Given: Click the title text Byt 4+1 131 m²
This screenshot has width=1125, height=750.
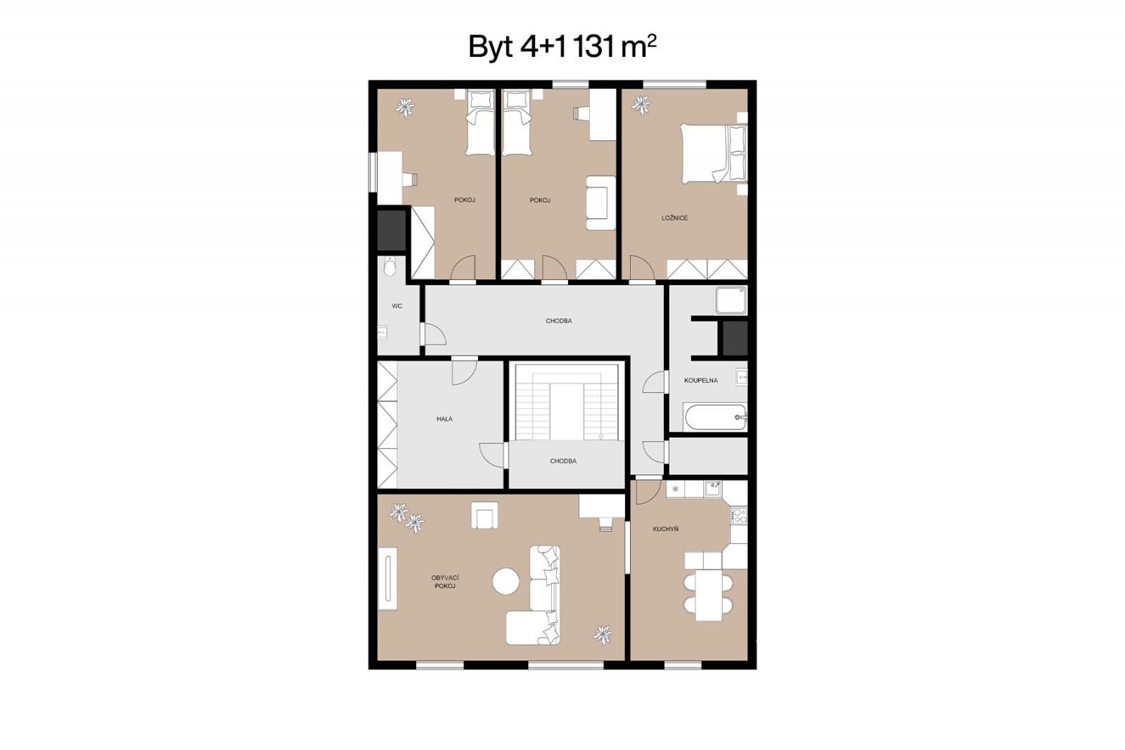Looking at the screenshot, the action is (562, 46).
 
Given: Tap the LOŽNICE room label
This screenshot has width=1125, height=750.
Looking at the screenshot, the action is (674, 217).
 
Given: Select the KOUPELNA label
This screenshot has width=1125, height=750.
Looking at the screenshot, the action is (700, 380).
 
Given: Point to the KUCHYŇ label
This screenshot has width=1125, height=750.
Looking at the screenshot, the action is (665, 529).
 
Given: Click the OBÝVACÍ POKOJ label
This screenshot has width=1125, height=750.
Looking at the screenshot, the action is (445, 582).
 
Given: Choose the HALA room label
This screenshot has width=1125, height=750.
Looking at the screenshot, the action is (444, 419).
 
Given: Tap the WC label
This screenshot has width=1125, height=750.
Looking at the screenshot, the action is (397, 305).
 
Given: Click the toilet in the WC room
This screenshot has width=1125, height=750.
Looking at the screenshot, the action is (390, 267).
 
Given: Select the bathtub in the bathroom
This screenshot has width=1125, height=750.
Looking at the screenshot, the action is (715, 417).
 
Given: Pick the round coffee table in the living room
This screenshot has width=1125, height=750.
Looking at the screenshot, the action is (506, 582).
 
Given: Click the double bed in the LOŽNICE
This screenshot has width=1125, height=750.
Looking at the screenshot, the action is (714, 154).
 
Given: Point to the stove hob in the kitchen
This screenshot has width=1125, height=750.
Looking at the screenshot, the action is (738, 515).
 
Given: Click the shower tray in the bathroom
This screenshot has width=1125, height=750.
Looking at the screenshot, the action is (731, 300).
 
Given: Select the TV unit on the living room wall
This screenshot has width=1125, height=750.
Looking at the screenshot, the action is (387, 578).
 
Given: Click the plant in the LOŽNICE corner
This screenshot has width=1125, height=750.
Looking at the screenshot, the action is (641, 105).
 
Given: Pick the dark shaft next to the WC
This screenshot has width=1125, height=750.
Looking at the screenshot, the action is (392, 230).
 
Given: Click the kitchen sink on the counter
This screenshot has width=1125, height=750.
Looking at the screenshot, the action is (713, 488).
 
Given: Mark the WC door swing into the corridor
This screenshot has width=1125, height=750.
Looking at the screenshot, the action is (435, 333).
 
